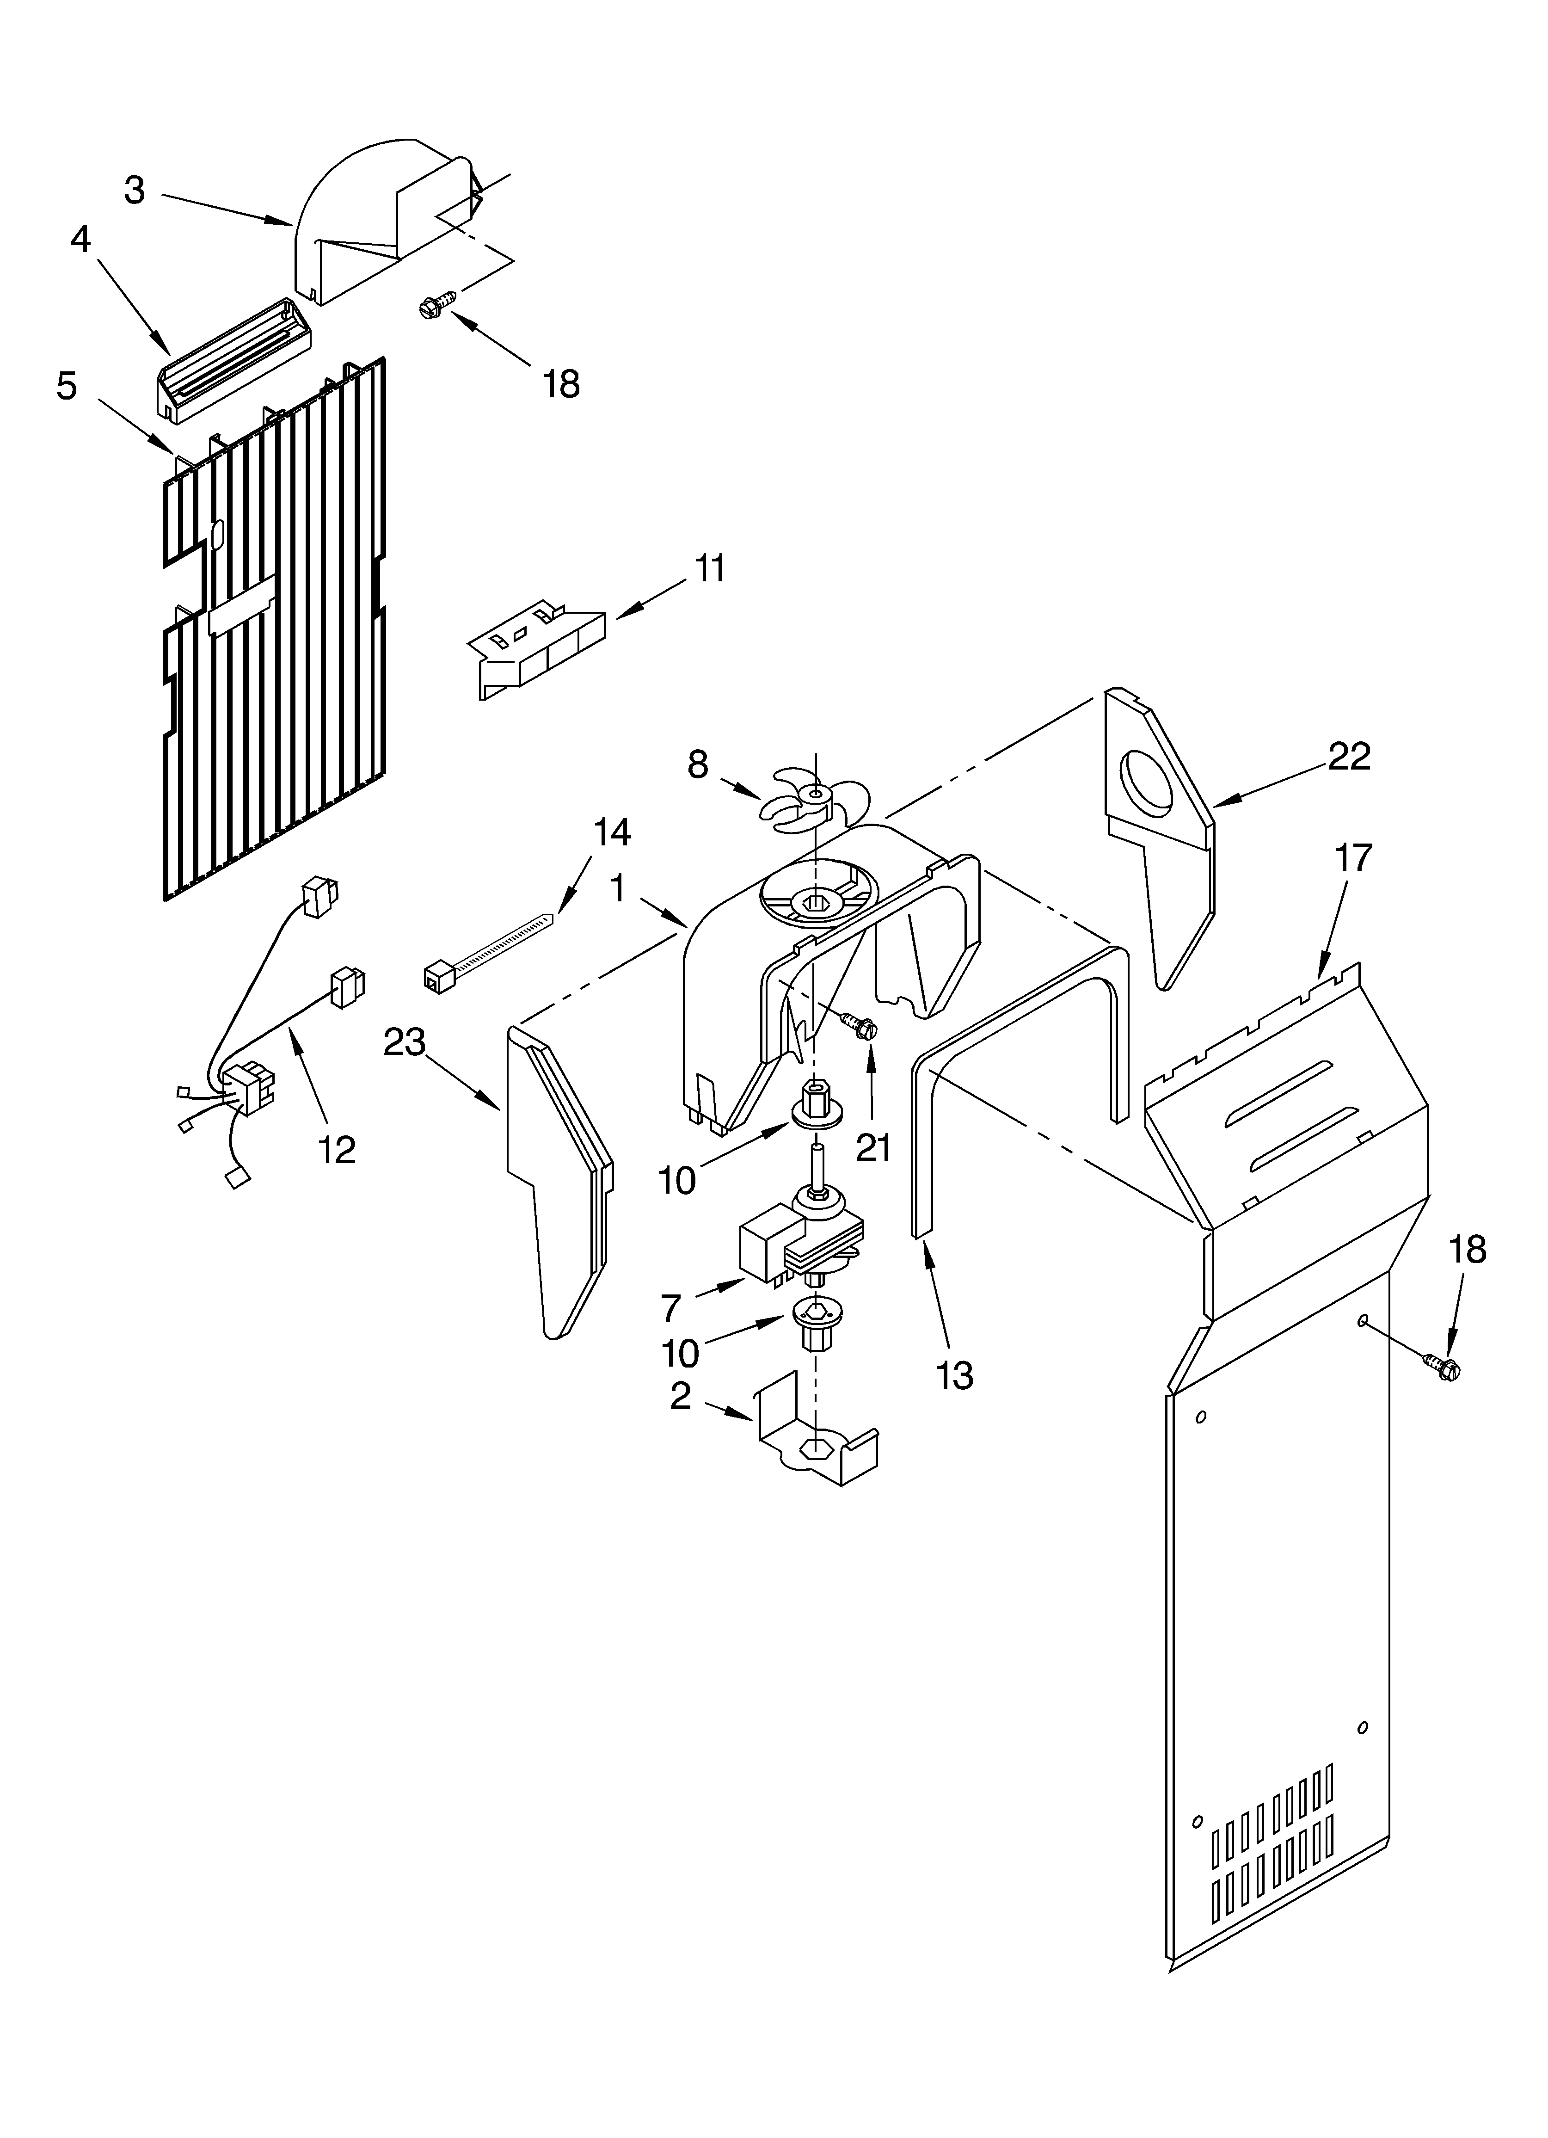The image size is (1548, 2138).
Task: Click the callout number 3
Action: click(x=135, y=191)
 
